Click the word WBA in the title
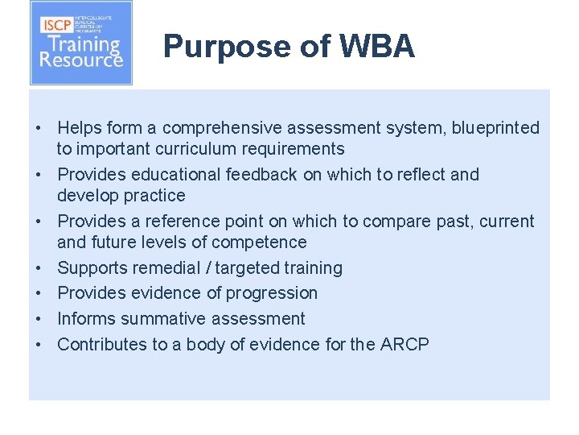[377, 47]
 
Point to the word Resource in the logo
[81, 60]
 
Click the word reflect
[419, 175]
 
